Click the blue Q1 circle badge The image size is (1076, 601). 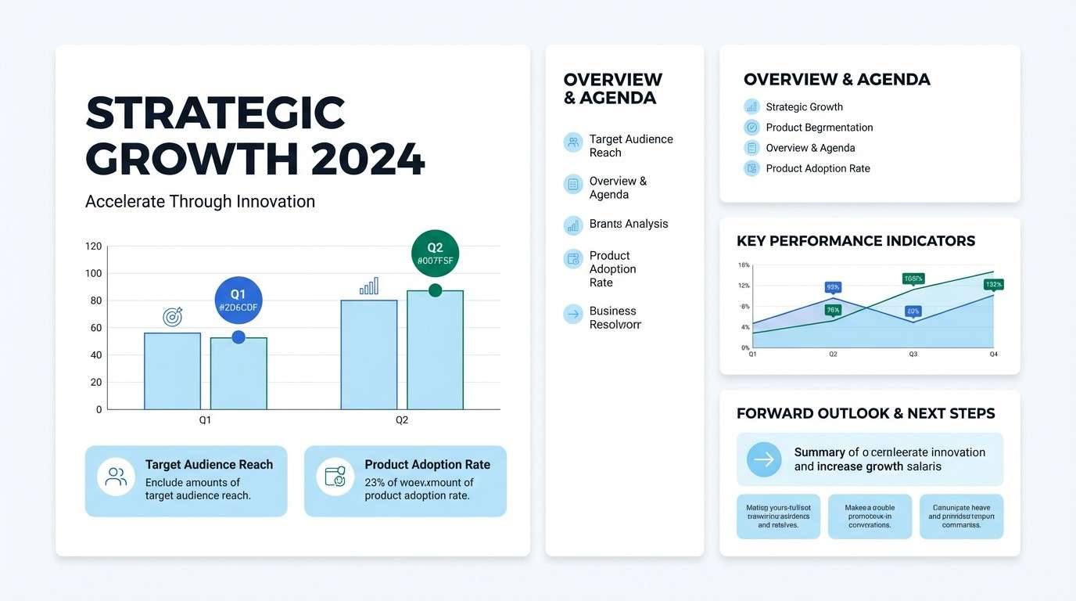(x=239, y=300)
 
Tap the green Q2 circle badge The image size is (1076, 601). (x=435, y=254)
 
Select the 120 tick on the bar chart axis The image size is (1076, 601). (x=93, y=247)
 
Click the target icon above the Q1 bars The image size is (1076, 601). (x=172, y=316)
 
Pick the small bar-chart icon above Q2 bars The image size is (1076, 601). (x=369, y=286)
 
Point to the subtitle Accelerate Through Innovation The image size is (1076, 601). (x=200, y=202)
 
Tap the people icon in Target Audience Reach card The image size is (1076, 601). (x=116, y=477)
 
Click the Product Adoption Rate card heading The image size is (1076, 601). (x=427, y=465)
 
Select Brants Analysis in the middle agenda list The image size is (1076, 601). (x=628, y=224)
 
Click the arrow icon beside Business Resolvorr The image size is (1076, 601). (x=573, y=315)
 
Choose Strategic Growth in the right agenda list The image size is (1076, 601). (x=804, y=107)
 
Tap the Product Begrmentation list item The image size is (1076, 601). (x=819, y=128)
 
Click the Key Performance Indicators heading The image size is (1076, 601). (x=855, y=241)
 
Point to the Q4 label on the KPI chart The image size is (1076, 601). (x=993, y=354)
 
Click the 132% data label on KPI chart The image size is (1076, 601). (x=993, y=285)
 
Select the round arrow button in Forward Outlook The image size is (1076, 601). (x=763, y=459)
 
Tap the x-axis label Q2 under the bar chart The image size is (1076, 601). (x=401, y=420)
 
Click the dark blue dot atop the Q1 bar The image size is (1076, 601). (x=239, y=337)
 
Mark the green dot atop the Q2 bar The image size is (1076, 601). (x=435, y=291)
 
